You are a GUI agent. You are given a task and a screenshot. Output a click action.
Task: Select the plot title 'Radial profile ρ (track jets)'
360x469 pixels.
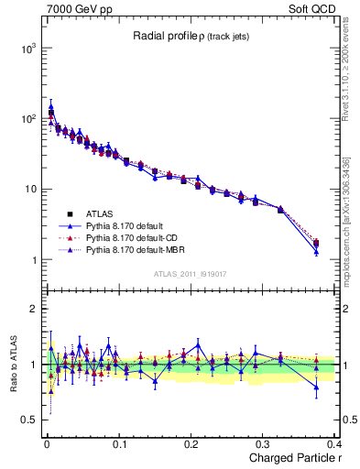point(192,36)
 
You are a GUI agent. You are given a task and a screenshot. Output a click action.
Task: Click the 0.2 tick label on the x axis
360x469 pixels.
point(192,445)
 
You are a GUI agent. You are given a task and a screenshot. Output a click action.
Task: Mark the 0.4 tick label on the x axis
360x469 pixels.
point(335,445)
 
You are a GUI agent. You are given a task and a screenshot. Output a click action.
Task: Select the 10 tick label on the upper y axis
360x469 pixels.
point(27,190)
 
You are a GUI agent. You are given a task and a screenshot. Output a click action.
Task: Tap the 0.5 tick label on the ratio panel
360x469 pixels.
point(26,420)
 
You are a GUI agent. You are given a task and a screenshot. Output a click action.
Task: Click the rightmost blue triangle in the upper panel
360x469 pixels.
point(316,251)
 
